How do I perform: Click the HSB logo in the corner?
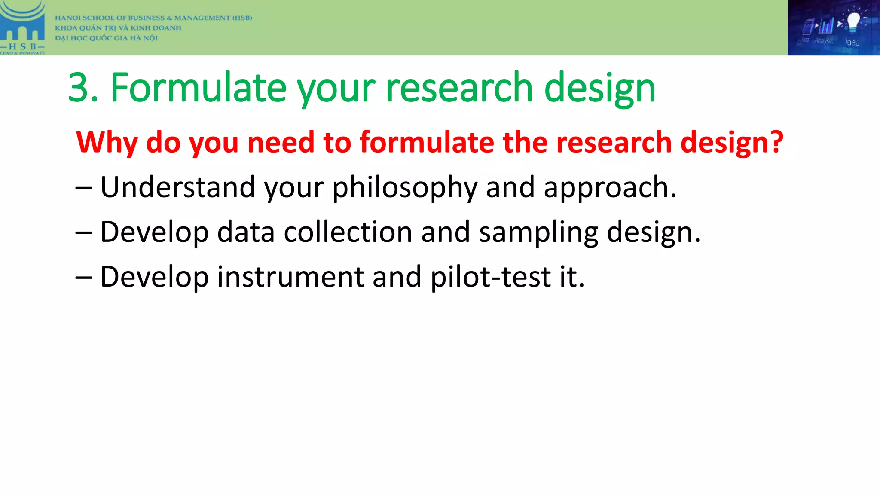(22, 27)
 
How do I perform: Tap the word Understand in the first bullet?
(177, 187)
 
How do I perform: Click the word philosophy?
(404, 188)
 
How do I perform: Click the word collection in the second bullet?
(348, 232)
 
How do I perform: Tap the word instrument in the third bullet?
(290, 277)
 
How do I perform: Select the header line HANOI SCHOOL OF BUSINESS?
(153, 18)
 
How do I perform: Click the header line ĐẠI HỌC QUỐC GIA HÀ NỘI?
(106, 38)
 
